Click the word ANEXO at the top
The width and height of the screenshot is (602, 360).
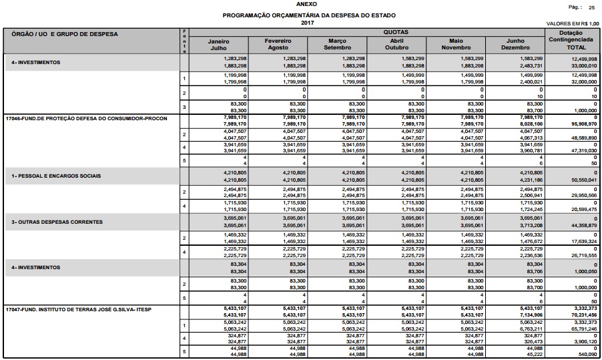pos(300,3)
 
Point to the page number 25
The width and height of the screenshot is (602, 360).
pos(591,7)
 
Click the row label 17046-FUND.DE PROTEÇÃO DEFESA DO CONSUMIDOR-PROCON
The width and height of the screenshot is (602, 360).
pos(86,118)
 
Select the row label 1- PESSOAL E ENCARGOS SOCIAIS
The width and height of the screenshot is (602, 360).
pos(55,176)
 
